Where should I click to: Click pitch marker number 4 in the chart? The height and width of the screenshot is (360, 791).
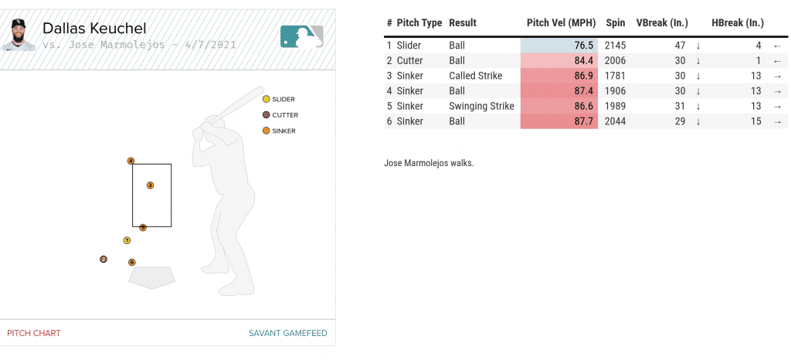tap(131, 161)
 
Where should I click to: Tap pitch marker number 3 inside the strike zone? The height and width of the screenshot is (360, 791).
tap(150, 185)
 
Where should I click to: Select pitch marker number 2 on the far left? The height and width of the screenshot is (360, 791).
tap(103, 260)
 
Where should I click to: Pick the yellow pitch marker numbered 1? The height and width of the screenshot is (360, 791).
tap(127, 240)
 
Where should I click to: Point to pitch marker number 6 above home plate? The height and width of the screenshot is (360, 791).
tap(132, 263)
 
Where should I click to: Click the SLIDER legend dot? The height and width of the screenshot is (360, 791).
tap(266, 99)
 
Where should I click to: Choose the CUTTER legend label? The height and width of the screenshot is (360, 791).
tap(285, 115)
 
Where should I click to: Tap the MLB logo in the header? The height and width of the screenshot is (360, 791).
tap(301, 36)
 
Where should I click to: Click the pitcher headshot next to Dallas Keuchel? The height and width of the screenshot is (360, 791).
tap(18, 36)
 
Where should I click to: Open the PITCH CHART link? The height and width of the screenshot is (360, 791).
tap(34, 333)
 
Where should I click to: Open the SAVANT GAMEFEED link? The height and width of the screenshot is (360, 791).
tap(287, 333)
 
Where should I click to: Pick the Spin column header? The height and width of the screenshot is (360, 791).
tap(616, 23)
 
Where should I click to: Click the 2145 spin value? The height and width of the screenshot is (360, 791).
tap(616, 46)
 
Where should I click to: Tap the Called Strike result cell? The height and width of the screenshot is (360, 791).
tap(475, 76)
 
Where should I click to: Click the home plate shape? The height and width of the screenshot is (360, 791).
tap(152, 277)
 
